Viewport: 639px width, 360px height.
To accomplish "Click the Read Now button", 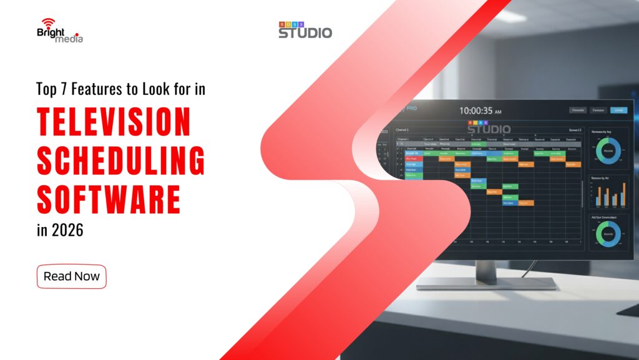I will (72, 276).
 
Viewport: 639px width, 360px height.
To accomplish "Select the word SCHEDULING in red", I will (120, 160).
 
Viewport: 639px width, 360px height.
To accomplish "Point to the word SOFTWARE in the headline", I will (109, 199).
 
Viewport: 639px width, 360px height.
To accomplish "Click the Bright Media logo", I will (59, 31).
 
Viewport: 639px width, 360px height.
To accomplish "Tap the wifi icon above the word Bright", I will (47, 23).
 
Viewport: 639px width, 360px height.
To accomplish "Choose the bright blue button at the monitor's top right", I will (618, 110).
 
